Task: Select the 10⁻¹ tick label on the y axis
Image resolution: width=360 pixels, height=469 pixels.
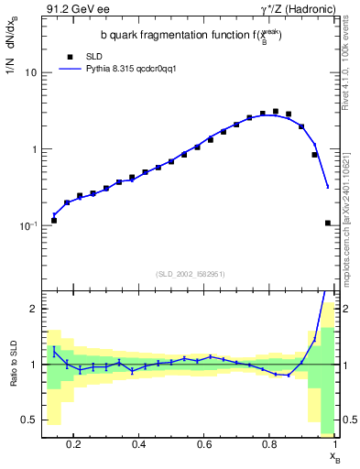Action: [x=28, y=224]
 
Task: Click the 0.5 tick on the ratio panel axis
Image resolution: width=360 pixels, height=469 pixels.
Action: [x=29, y=420]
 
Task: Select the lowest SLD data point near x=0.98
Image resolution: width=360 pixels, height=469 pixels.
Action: [x=328, y=223]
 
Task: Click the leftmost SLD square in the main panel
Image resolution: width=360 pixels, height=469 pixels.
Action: [x=54, y=220]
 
